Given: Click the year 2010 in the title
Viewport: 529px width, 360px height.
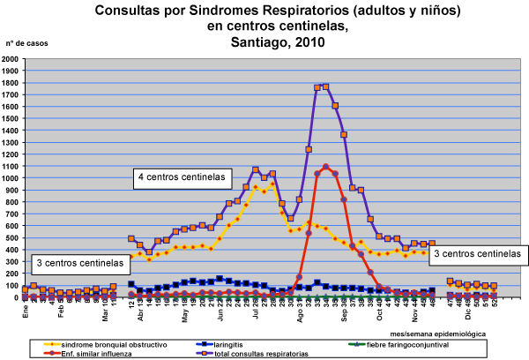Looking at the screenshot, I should pos(302,41).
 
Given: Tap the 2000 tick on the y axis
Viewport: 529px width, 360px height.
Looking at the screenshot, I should pos(11,59).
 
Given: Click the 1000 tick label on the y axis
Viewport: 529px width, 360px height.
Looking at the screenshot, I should pos(11,178).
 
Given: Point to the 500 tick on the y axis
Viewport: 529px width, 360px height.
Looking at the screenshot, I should pos(13,238).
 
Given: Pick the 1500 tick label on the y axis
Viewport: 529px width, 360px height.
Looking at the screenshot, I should pos(11,119).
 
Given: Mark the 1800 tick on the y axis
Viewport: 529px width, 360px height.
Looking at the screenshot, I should pos(11,83).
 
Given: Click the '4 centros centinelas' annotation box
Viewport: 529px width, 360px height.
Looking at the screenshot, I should pos(180,177).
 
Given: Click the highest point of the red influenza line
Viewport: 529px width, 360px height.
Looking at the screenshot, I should pos(326,167).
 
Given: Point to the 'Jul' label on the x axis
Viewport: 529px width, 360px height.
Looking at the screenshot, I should pos(256,310).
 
